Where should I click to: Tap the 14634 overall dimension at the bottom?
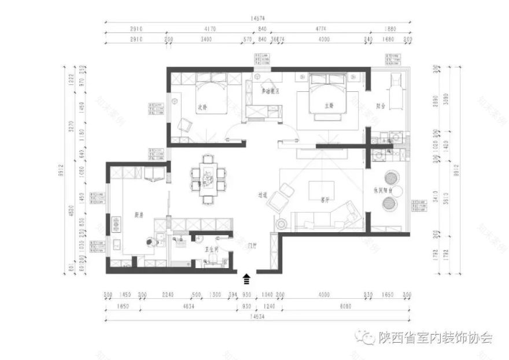click(x=258, y=316)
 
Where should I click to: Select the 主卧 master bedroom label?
click(x=329, y=106)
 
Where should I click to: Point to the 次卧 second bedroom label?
click(x=202, y=107)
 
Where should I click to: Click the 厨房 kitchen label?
click(x=139, y=215)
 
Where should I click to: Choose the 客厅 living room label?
click(x=325, y=200)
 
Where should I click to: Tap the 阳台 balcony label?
click(x=381, y=106)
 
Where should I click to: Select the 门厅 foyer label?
click(x=252, y=246)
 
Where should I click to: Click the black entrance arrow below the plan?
click(x=247, y=279)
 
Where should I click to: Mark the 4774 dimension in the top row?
click(x=323, y=28)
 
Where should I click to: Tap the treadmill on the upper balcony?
click(x=395, y=86)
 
